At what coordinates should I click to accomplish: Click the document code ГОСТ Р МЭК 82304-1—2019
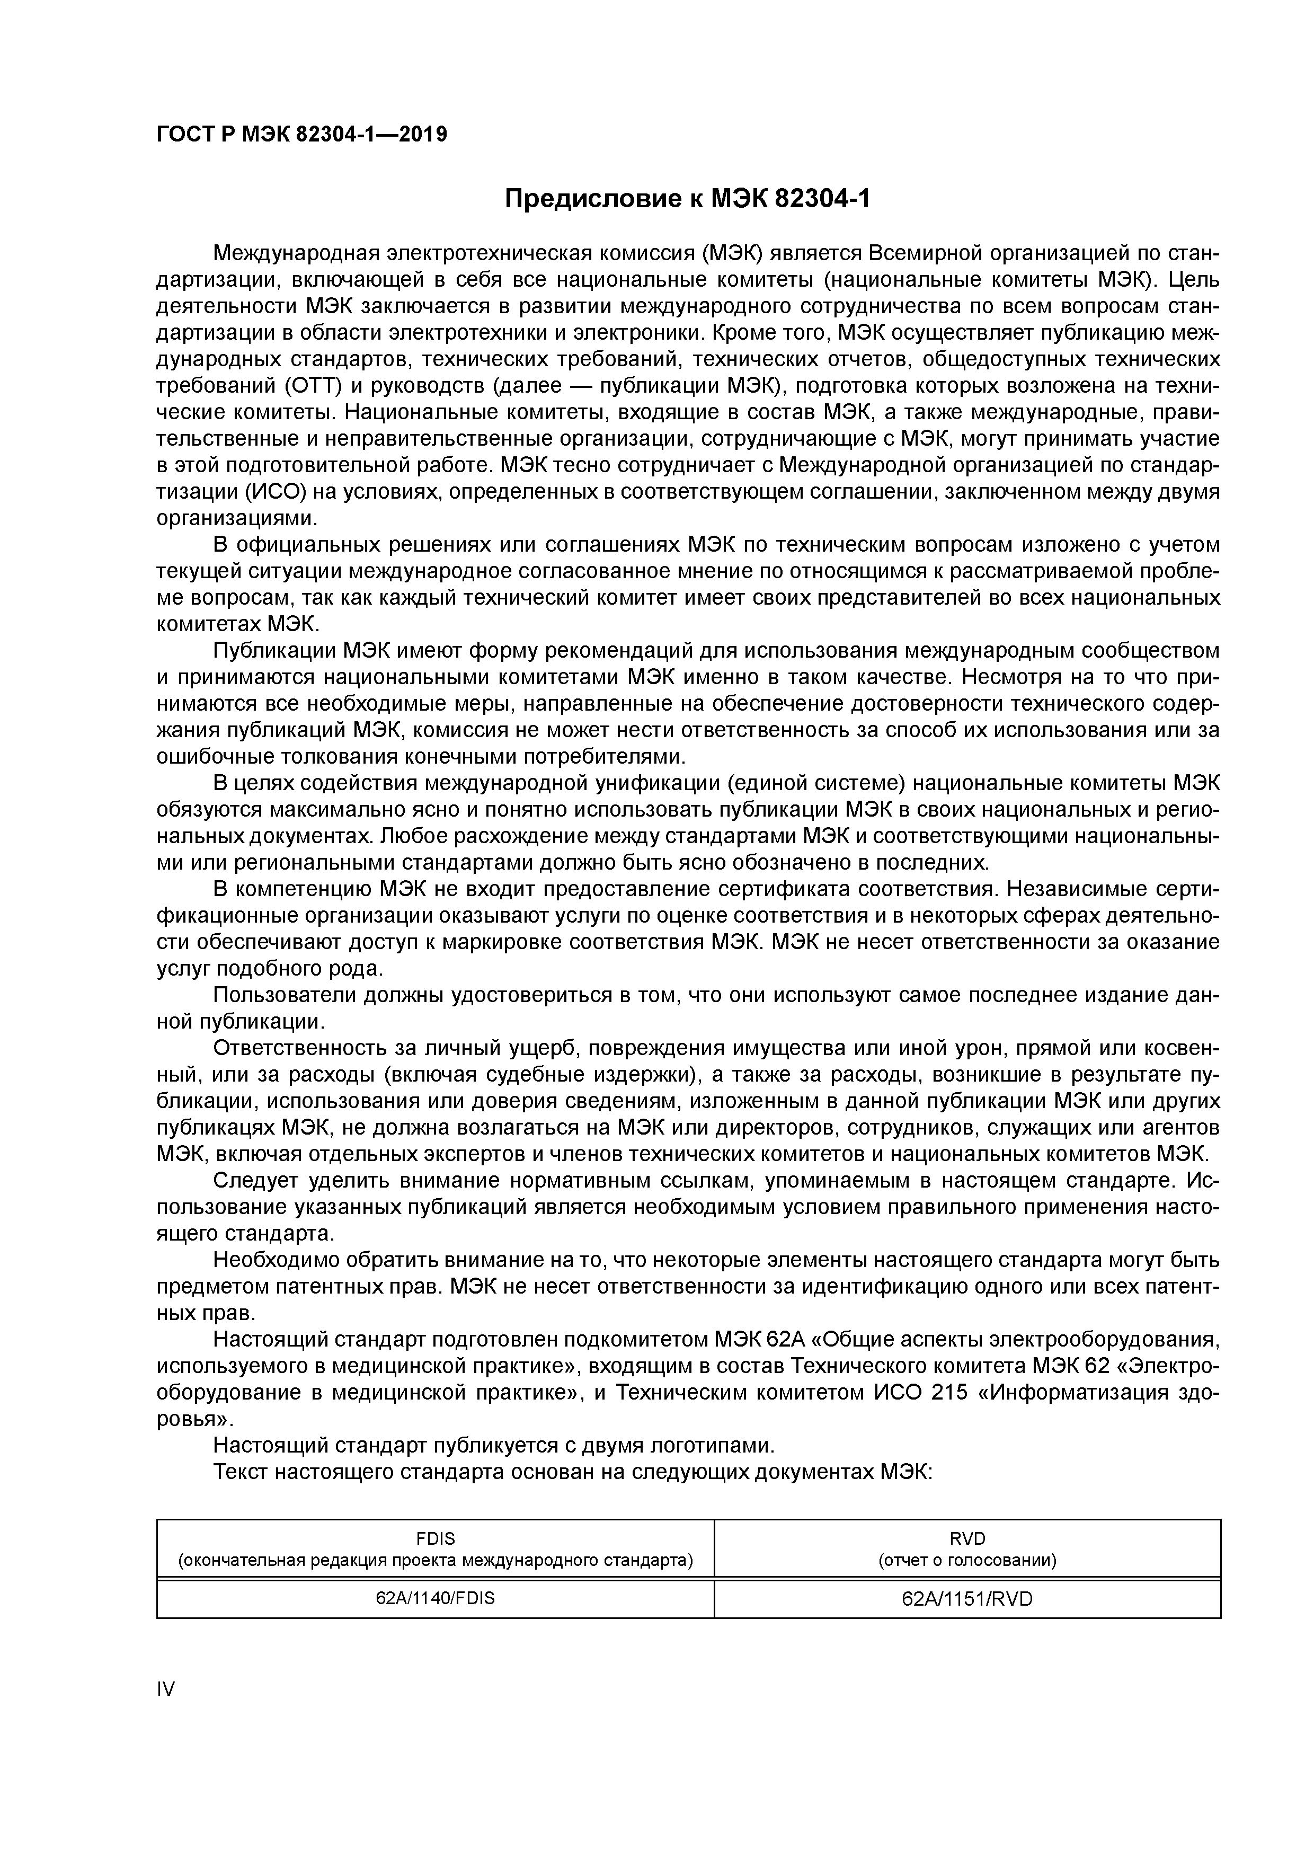coord(301,135)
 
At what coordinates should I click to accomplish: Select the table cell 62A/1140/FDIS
coord(435,1598)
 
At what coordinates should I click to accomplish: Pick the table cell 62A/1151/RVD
coord(967,1599)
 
